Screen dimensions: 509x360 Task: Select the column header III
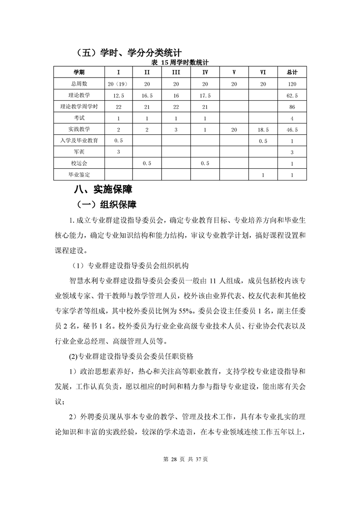point(176,73)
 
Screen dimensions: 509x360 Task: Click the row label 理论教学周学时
point(79,107)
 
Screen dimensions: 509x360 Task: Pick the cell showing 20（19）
point(118,84)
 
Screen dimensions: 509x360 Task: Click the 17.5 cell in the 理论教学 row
point(205,95)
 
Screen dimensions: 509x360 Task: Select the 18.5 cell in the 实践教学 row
point(263,130)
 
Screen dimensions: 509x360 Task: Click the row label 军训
point(79,152)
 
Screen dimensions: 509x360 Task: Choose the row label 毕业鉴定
point(79,175)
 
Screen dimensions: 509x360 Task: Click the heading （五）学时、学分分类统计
point(127,53)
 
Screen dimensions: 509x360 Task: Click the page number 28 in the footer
point(173,459)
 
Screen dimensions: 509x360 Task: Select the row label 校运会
point(79,163)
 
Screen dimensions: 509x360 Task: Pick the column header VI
point(263,73)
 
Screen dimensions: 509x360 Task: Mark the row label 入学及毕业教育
point(79,141)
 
